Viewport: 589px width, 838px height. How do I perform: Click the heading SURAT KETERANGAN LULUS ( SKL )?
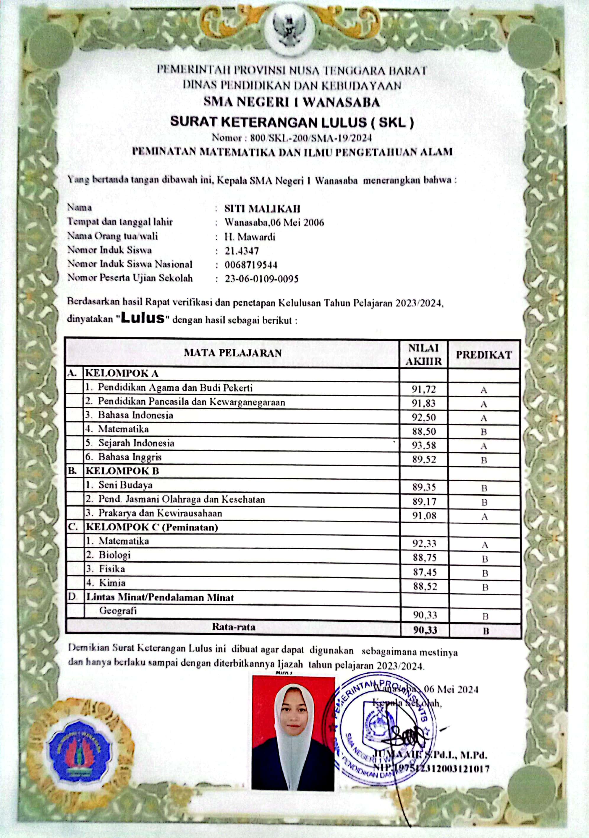coord(292,122)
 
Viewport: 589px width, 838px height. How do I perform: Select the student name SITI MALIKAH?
coord(262,209)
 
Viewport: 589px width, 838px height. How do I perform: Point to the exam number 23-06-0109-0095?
coord(261,279)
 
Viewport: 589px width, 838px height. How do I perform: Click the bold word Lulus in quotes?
coord(143,318)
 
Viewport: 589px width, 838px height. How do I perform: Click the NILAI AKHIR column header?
coord(424,354)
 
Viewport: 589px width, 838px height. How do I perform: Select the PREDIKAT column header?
coord(484,355)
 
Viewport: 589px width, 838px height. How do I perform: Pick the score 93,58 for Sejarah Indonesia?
coord(424,445)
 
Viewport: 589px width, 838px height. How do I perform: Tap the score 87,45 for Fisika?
coord(425,572)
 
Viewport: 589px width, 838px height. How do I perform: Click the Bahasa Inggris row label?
coord(130,457)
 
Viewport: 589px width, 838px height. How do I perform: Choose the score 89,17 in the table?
coord(424,501)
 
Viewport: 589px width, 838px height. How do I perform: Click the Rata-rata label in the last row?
coord(234,627)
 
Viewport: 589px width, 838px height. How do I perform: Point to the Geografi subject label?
coord(118,610)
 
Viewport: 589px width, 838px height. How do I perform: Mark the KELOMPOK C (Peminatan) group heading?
coord(152,527)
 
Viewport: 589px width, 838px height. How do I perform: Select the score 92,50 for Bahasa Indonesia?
coord(424,417)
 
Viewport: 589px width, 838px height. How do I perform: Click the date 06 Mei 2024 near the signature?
coord(451,689)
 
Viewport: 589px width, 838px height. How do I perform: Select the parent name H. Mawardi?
coord(250,237)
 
